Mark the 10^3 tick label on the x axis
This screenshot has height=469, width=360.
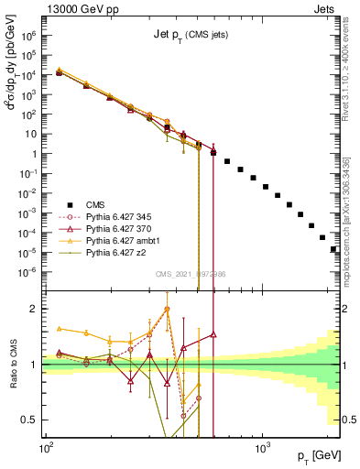[262, 451]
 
